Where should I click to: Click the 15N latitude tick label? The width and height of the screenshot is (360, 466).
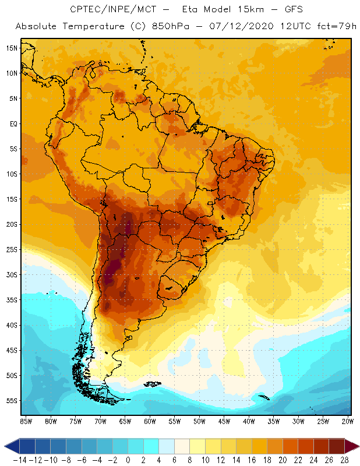coord(11,48)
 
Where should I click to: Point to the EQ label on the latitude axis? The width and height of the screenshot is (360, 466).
coord(12,123)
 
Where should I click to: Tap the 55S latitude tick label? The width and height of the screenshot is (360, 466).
coord(11,401)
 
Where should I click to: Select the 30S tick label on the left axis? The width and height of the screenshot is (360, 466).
coord(11,275)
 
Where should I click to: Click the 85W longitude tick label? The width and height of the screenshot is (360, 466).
coord(26,421)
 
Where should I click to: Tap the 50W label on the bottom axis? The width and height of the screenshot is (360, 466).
coord(200,421)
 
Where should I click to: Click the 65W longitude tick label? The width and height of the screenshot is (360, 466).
coord(125,421)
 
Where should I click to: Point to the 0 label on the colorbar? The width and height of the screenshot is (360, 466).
coord(128,460)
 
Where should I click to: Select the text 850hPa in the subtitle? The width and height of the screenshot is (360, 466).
coord(182,27)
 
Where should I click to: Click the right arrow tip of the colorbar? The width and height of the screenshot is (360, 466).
coord(358,446)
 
